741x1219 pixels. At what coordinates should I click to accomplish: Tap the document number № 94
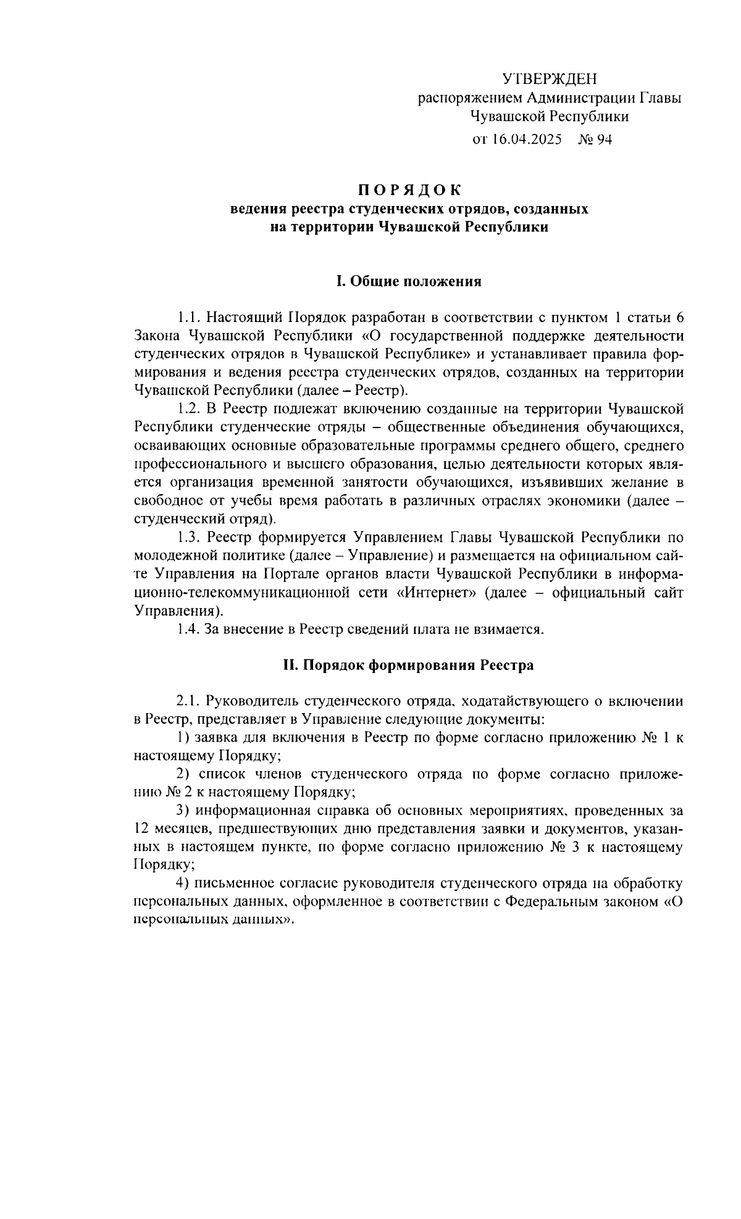tap(594, 139)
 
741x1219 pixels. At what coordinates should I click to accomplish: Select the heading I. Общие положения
tap(408, 281)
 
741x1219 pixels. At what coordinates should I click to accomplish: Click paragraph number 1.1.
tap(188, 318)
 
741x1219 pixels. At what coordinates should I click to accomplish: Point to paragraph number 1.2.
tap(188, 408)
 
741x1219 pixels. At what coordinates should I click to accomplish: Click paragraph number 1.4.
tap(188, 629)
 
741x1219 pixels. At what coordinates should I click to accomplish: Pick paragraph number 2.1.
tap(188, 701)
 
